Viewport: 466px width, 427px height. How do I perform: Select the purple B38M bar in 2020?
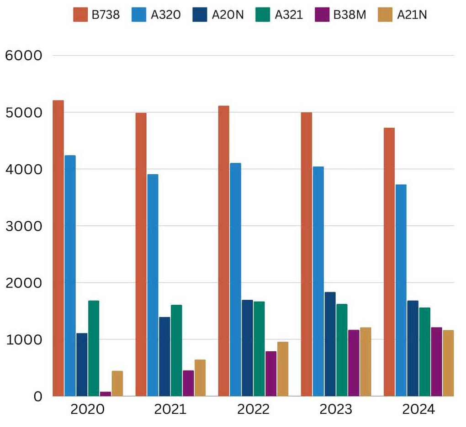click(x=105, y=394)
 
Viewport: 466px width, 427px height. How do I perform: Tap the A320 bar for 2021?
click(x=153, y=285)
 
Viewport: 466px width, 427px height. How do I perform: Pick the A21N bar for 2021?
click(x=200, y=378)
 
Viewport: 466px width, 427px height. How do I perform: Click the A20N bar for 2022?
click(x=247, y=348)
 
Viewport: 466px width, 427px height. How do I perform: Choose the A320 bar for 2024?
click(x=401, y=290)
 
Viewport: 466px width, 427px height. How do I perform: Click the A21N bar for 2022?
click(x=282, y=369)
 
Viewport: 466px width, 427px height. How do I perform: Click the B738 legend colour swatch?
click(x=80, y=15)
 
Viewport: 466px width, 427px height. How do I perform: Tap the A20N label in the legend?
click(x=228, y=15)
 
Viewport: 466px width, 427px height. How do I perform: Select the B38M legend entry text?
click(x=349, y=15)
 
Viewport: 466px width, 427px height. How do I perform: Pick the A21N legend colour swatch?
click(x=386, y=15)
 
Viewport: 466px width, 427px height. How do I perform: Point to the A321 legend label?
click(x=288, y=15)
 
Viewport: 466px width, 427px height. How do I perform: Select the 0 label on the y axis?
click(x=37, y=396)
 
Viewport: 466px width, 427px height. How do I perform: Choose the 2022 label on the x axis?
click(x=253, y=409)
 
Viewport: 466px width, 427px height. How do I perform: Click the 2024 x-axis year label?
click(x=418, y=409)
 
